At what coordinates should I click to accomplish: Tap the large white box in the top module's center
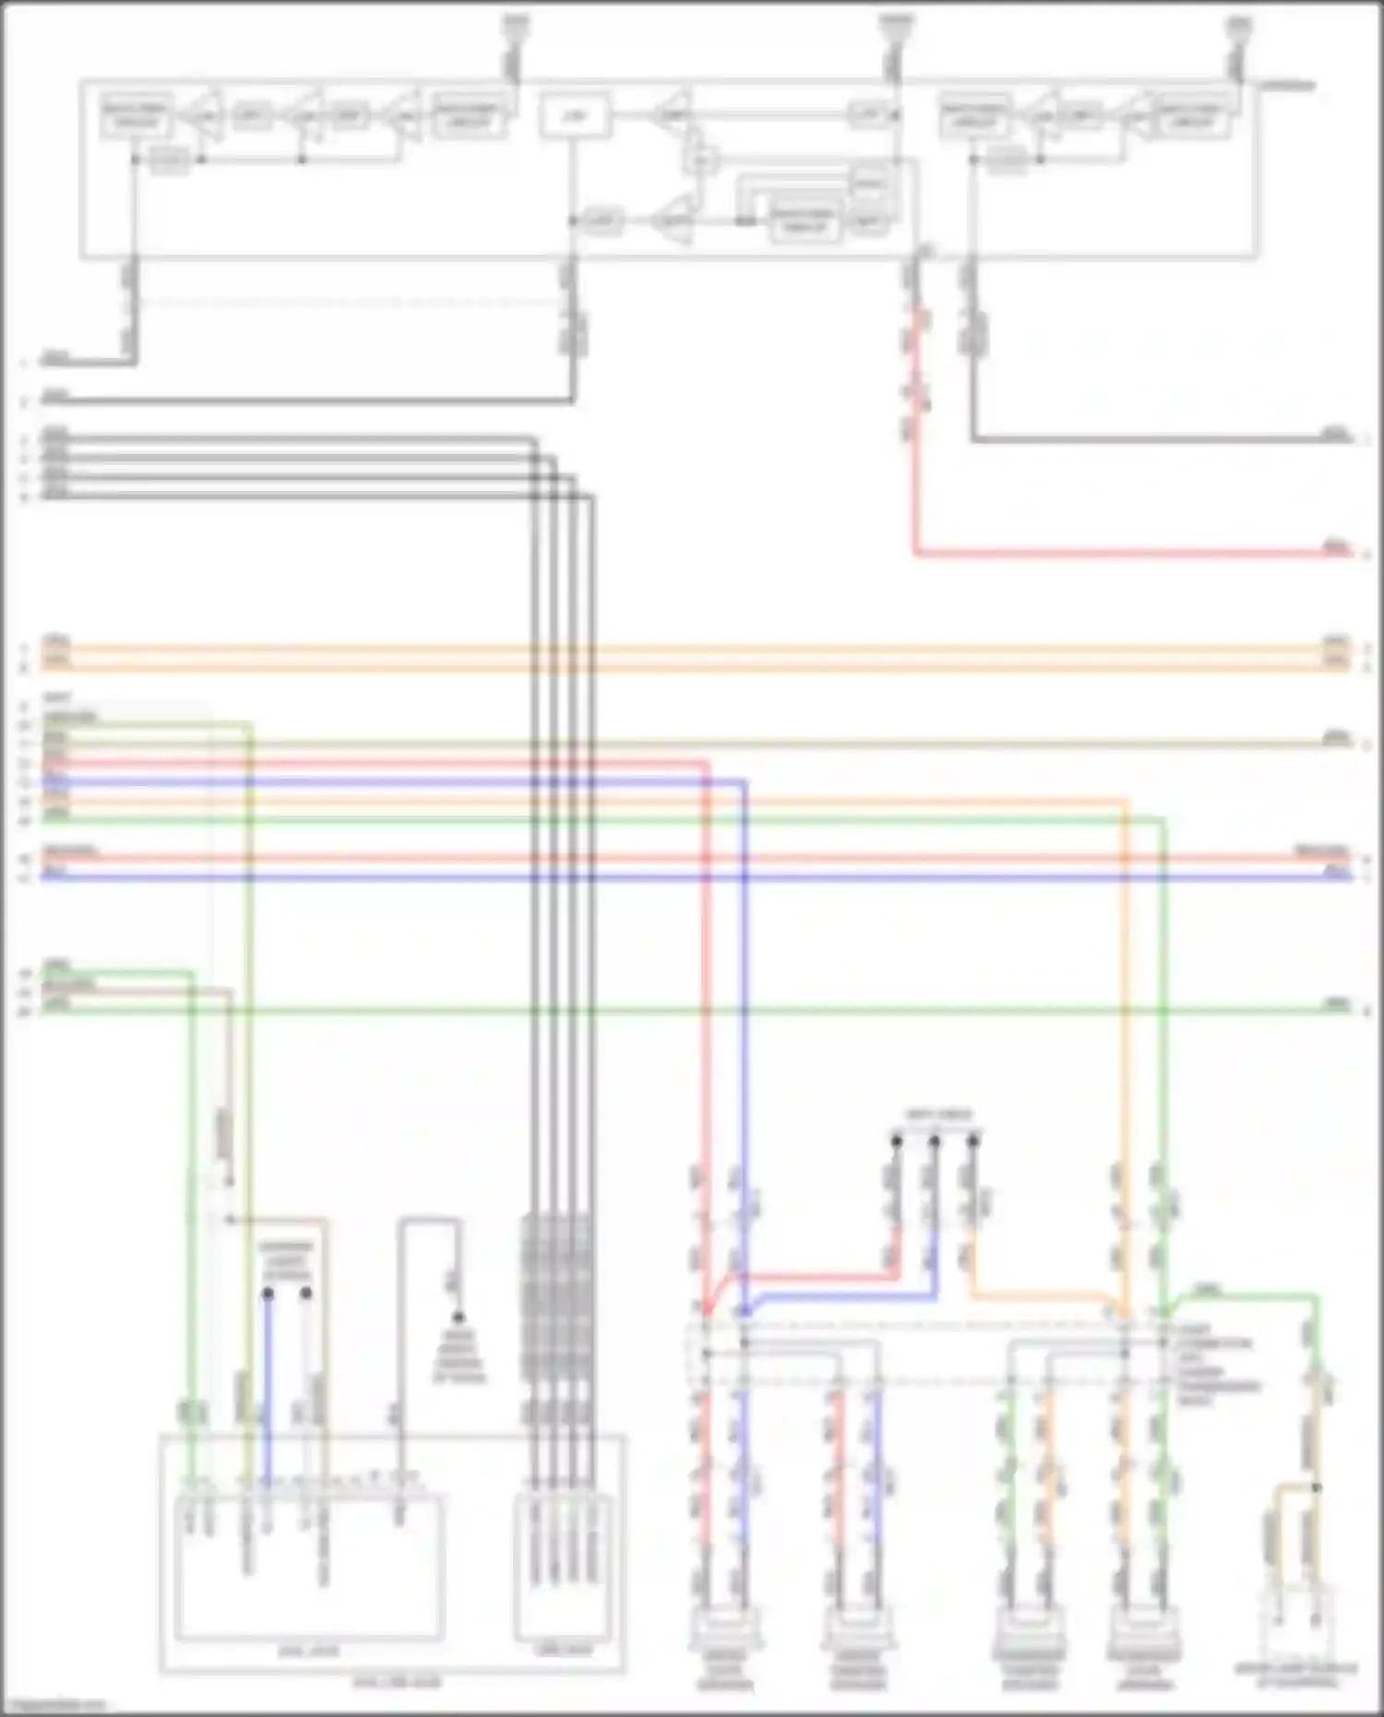[x=575, y=116]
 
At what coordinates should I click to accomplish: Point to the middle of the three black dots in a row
[x=935, y=1142]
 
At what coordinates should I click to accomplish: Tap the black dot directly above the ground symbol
[x=459, y=1317]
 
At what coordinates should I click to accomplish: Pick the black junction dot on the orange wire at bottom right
[x=1317, y=1487]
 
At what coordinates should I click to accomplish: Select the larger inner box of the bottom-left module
[x=309, y=1568]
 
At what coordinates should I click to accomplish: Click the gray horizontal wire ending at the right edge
[x=1153, y=439]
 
